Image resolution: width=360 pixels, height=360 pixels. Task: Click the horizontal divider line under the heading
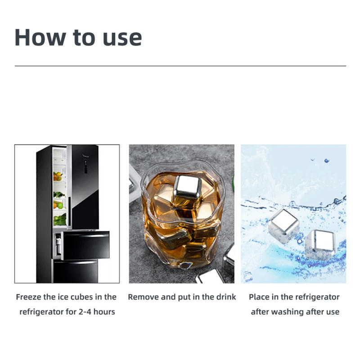pyautogui.click(x=180, y=66)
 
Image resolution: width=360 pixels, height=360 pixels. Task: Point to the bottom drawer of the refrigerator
pyautogui.click(x=76, y=271)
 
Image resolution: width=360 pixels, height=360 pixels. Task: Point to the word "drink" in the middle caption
pyautogui.click(x=225, y=297)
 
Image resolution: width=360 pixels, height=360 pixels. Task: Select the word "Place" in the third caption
pyautogui.click(x=260, y=297)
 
